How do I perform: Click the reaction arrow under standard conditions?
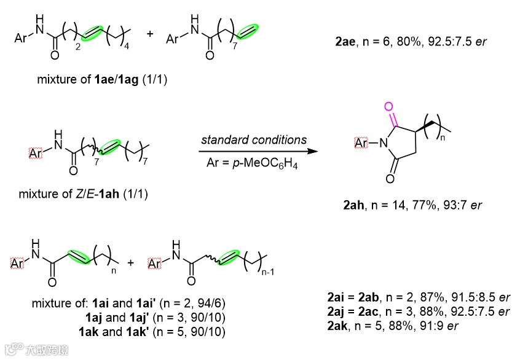point(254,150)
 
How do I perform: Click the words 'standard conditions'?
point(254,139)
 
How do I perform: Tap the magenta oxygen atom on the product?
point(388,107)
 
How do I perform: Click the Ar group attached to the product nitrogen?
point(361,144)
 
